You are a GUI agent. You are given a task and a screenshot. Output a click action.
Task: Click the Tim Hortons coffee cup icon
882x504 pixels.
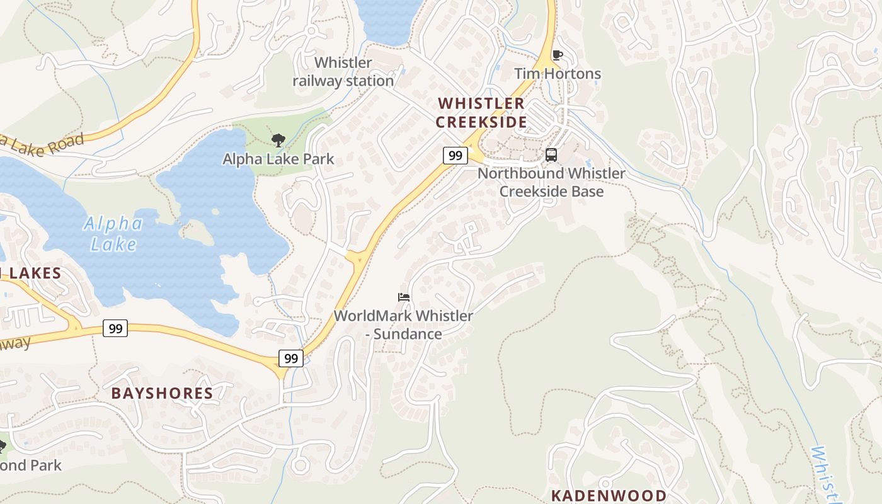pyautogui.click(x=557, y=55)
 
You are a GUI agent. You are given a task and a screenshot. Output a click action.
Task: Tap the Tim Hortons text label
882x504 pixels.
pyautogui.click(x=558, y=74)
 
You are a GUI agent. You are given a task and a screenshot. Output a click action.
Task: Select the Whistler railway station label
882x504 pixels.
pyautogui.click(x=343, y=72)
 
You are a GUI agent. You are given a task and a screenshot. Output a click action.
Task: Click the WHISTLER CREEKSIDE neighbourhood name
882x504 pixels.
pyautogui.click(x=481, y=113)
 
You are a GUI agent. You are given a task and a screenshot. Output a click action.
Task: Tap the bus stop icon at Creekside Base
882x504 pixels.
pyautogui.click(x=551, y=155)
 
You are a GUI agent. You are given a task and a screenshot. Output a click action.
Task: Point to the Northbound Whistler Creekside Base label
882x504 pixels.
pyautogui.click(x=551, y=182)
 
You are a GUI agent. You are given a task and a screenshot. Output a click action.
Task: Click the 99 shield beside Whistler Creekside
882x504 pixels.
pyautogui.click(x=455, y=156)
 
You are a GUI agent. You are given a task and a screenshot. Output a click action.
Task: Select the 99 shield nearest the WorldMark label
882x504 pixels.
pyautogui.click(x=291, y=358)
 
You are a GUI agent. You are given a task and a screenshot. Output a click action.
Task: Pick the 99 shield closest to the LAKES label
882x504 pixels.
pyautogui.click(x=115, y=328)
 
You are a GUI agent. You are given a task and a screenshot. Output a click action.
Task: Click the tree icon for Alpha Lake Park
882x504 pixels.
pyautogui.click(x=278, y=140)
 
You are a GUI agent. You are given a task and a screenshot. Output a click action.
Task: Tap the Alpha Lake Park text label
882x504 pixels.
pyautogui.click(x=278, y=159)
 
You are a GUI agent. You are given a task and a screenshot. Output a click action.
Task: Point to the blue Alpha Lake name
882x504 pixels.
pyautogui.click(x=113, y=234)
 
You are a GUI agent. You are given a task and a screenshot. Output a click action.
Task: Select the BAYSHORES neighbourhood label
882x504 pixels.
pyautogui.click(x=162, y=394)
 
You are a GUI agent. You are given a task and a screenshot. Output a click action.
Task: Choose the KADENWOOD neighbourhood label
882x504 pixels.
pyautogui.click(x=608, y=495)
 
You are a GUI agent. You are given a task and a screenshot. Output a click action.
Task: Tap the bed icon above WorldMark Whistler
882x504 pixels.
pyautogui.click(x=404, y=297)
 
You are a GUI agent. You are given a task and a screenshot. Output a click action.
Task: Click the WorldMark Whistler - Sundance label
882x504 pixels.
pyautogui.click(x=403, y=324)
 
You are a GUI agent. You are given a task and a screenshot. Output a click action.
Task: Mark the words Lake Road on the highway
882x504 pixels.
pyautogui.click(x=44, y=144)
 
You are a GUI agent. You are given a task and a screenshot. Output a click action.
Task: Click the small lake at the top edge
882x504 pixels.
pyautogui.click(x=387, y=19)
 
